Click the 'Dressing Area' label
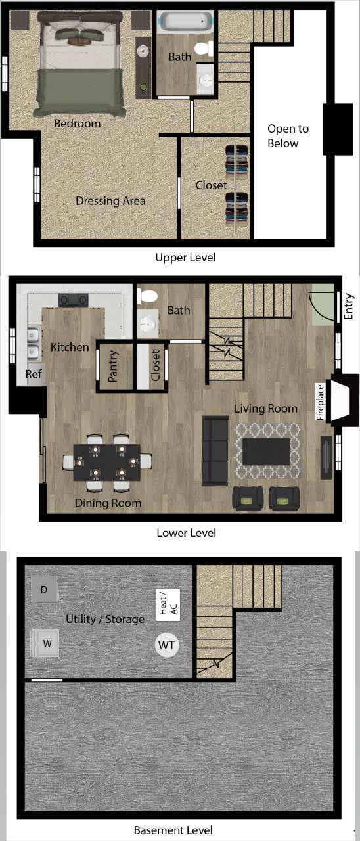point(110,200)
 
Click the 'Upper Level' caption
point(185,258)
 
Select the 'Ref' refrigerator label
point(33,374)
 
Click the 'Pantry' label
point(113,366)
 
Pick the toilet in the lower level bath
point(146,296)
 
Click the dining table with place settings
point(106,462)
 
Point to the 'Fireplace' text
point(321,401)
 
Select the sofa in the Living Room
point(215,451)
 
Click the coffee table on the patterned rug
point(266,451)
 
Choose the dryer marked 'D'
point(44,590)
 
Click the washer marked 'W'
point(47,643)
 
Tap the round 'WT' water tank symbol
point(167,645)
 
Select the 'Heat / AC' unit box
point(168,604)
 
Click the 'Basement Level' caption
point(173,830)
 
